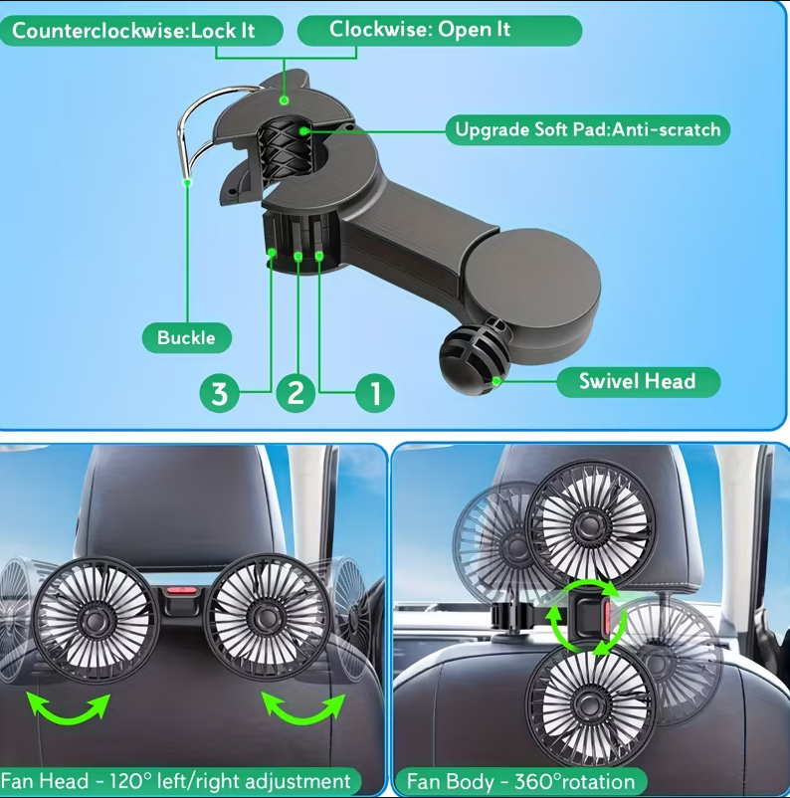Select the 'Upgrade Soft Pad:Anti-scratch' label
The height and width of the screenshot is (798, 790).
coord(588,129)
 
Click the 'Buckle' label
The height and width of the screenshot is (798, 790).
coord(187,337)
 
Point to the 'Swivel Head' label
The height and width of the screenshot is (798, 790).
coord(639,382)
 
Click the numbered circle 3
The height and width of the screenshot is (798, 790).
coord(219,393)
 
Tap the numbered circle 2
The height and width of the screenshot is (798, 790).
coord(296,393)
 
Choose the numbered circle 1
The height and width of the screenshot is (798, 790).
coord(375,393)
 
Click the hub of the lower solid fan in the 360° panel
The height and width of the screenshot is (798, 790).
coord(589,703)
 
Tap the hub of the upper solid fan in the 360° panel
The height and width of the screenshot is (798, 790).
coord(590,523)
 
